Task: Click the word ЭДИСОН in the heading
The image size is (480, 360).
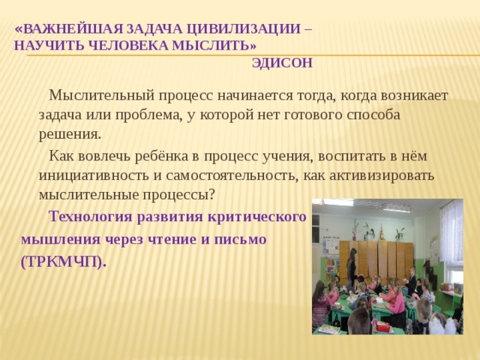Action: [282, 63]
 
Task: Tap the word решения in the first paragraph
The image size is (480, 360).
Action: [69, 134]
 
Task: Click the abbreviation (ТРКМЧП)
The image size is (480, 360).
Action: [64, 262]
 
